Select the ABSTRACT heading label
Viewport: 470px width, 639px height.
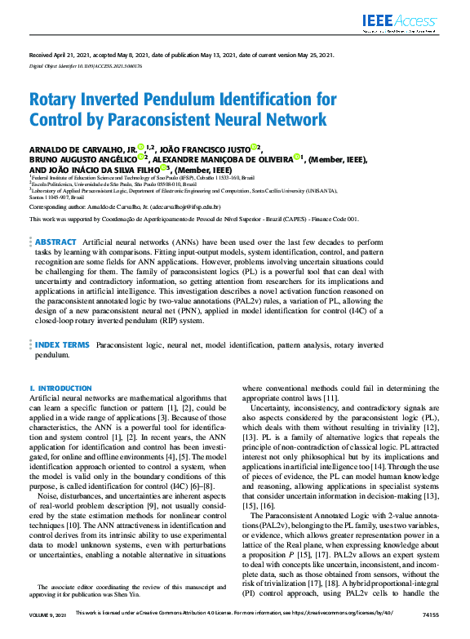pyautogui.click(x=56, y=242)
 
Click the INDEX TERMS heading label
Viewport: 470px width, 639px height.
pyautogui.click(x=62, y=345)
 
